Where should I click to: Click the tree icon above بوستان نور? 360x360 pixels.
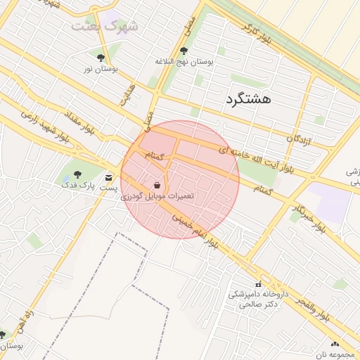pos(101,57)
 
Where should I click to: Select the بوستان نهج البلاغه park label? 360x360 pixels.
pos(184,62)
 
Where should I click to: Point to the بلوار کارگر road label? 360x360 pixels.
pos(257,36)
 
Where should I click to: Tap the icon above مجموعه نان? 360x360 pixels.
pos(335,345)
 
